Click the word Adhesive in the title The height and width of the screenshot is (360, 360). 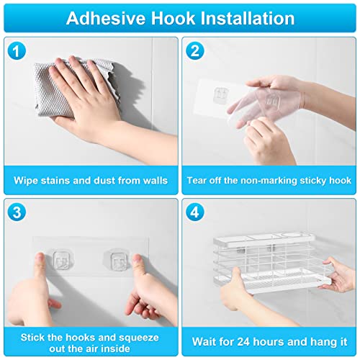(x=106, y=18)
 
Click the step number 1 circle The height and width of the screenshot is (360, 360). (x=17, y=51)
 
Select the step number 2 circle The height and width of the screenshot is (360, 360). (x=194, y=51)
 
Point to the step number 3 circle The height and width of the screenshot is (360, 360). (x=17, y=212)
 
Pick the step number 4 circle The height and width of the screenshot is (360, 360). (x=194, y=212)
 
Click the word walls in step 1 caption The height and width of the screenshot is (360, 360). (x=156, y=181)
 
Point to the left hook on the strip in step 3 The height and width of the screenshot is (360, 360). (x=61, y=260)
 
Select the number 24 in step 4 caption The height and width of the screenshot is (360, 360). (x=243, y=342)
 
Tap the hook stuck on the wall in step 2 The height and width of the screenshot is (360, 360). (x=220, y=95)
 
